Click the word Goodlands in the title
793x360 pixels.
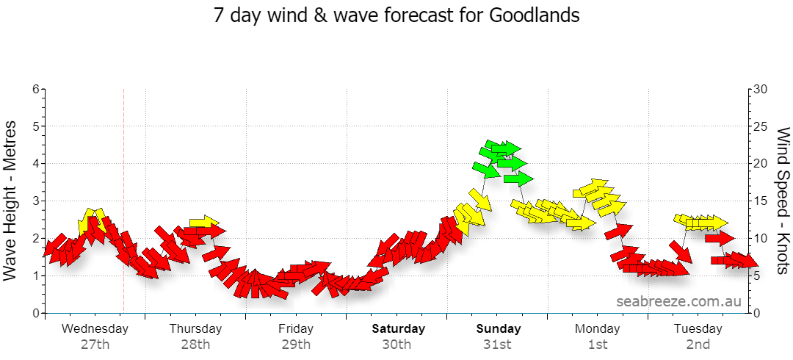point(534,15)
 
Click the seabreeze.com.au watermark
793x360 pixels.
point(678,302)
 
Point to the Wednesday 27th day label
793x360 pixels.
point(95,336)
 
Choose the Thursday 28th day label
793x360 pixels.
point(196,336)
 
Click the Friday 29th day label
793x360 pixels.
point(296,336)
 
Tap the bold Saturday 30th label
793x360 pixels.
point(399,336)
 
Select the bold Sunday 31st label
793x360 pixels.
point(499,336)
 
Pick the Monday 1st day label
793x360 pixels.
point(597,336)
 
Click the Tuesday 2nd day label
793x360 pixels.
point(698,336)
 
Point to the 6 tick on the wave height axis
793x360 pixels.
point(36,89)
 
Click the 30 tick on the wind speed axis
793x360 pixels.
point(761,89)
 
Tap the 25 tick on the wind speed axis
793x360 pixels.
point(761,126)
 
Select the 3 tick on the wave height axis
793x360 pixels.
point(36,201)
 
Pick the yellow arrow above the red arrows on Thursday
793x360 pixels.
point(204,222)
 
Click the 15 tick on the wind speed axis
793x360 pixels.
point(761,201)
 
